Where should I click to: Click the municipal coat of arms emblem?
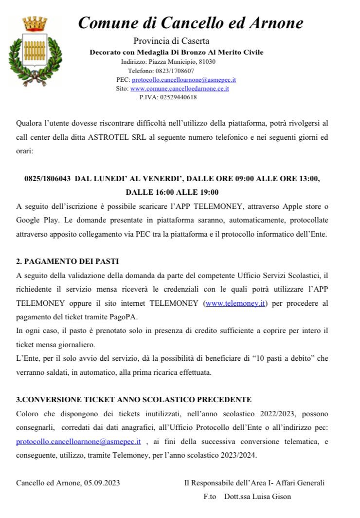tap(35, 53)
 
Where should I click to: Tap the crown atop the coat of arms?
tap(35, 23)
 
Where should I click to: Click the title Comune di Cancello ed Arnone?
tap(191, 22)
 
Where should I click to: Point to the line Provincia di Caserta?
tap(171, 41)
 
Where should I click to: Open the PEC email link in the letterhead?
tap(184, 79)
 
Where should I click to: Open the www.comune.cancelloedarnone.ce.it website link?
tap(180, 88)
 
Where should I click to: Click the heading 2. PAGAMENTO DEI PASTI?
tap(68, 261)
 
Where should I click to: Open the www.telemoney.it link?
tap(235, 303)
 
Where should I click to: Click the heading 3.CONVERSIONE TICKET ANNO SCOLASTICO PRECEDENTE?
tap(134, 400)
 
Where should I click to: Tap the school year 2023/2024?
tap(239, 456)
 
